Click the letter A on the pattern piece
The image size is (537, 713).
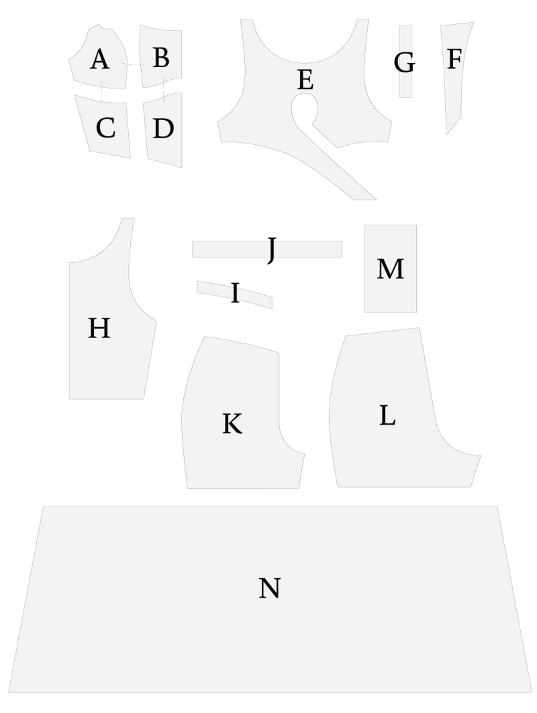point(99,60)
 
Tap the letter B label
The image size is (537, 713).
point(161,58)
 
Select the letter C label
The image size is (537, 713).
point(105,127)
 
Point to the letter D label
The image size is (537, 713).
point(163,129)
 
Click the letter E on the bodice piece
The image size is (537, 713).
point(305,80)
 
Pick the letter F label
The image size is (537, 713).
point(454,59)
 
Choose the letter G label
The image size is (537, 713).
point(405,63)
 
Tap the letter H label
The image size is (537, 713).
point(99,328)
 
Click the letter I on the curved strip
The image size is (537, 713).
point(236,293)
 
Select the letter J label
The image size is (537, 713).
point(272,250)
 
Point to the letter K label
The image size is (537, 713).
point(232,424)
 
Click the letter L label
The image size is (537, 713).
point(387,415)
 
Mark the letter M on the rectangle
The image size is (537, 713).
point(391,269)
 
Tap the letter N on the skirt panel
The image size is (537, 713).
point(269,588)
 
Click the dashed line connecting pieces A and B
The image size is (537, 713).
point(134,64)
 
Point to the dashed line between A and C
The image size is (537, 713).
point(101,94)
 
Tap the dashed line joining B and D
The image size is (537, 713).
point(163,90)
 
